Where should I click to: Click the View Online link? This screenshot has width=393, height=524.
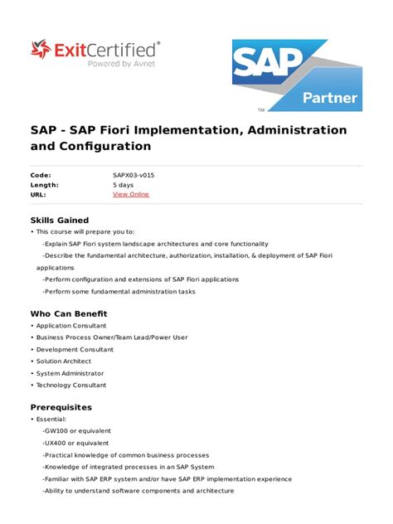[131, 195]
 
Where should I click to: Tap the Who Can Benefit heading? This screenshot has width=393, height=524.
[69, 313]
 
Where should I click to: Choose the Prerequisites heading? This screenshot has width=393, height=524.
[61, 407]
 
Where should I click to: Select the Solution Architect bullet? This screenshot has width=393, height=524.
[64, 361]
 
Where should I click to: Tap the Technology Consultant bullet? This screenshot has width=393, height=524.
[71, 385]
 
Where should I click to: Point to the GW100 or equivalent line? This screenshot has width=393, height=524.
[77, 430]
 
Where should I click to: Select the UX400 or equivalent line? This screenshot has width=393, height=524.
[77, 443]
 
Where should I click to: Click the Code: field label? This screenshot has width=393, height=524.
[41, 175]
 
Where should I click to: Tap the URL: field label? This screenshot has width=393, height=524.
[39, 195]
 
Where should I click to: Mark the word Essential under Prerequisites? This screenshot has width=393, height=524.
[51, 419]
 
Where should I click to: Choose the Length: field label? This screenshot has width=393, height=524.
[45, 185]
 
